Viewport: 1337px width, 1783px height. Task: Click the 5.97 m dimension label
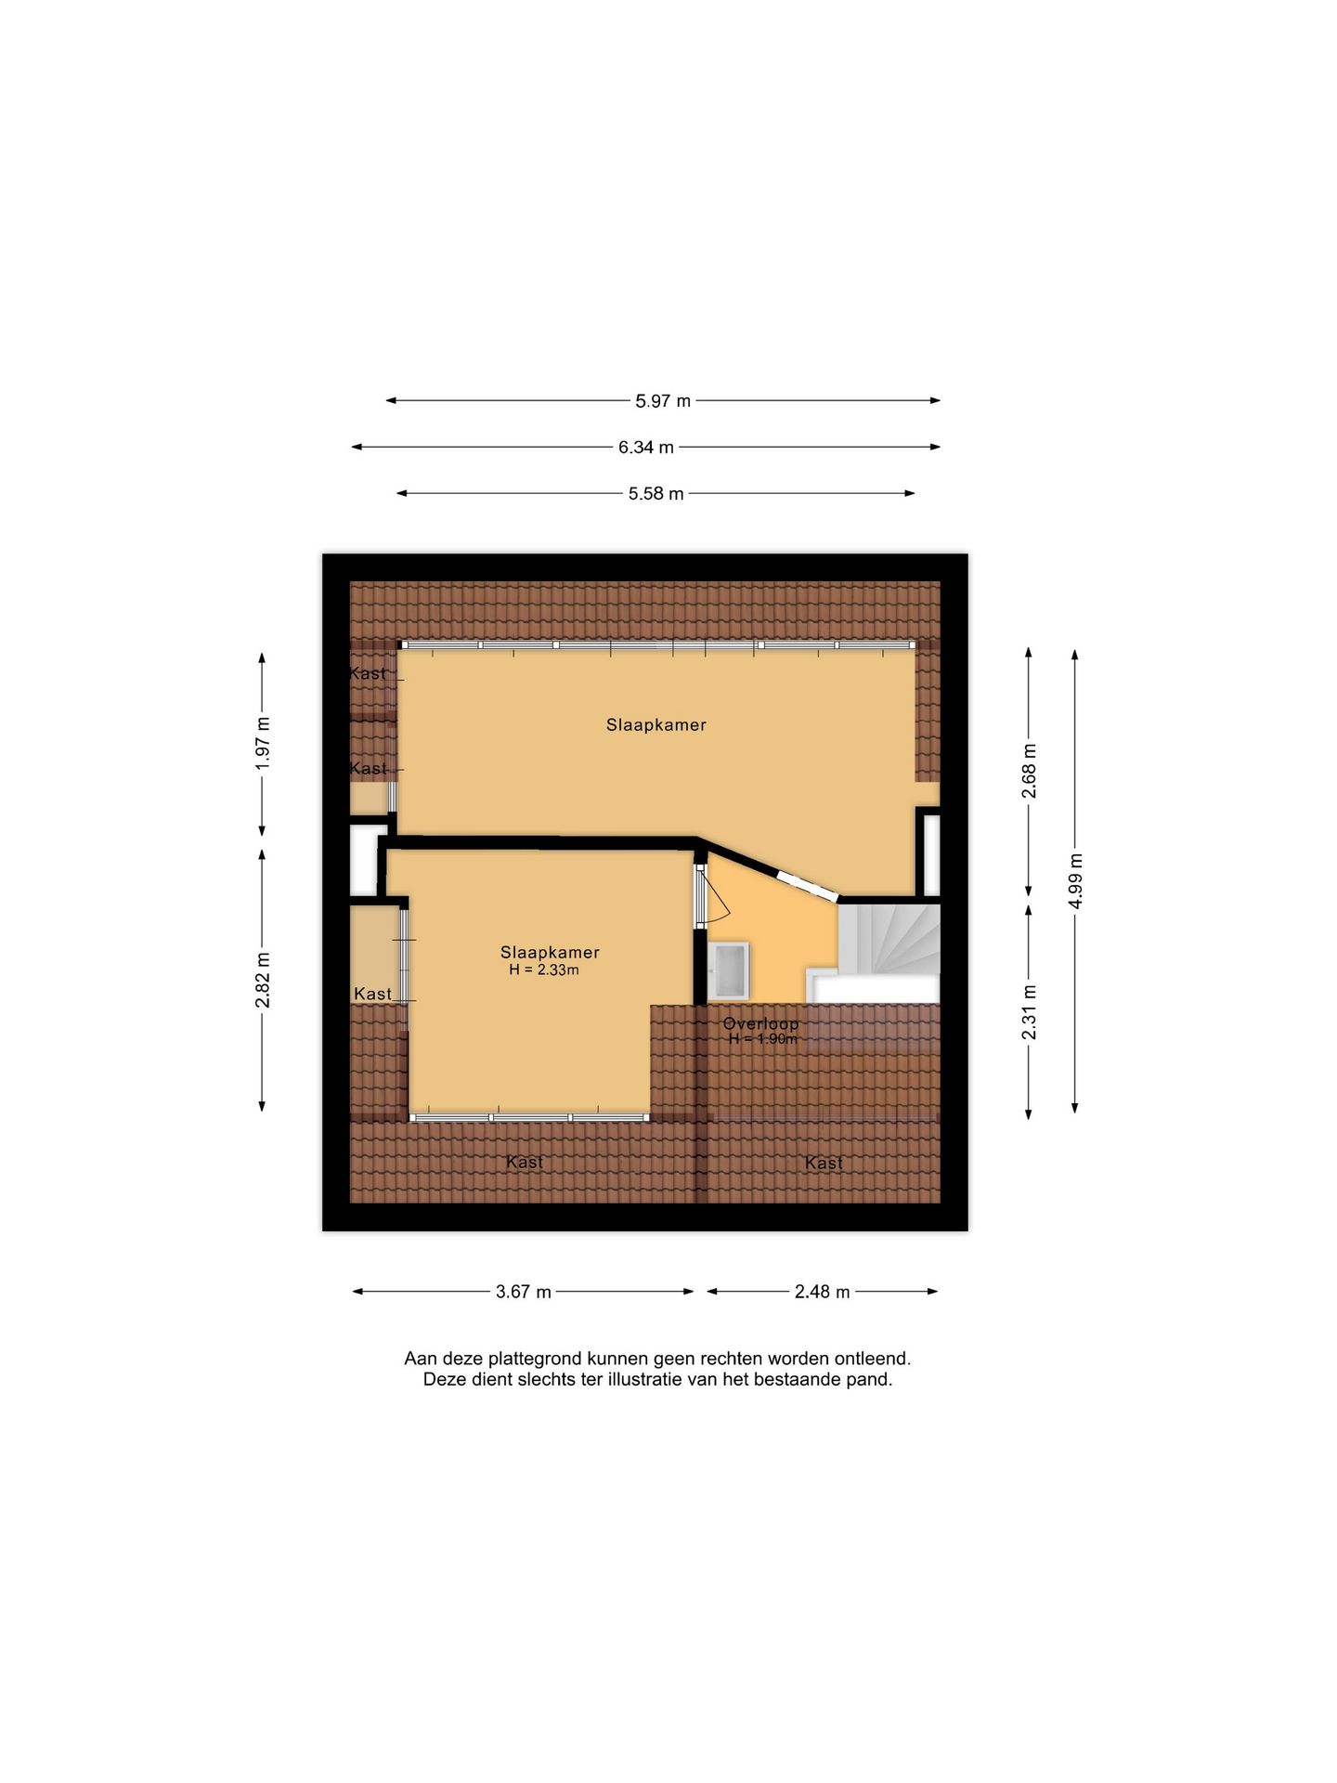pos(663,401)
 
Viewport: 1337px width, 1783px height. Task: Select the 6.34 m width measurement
pos(646,448)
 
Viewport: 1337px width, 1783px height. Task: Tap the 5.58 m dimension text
pos(656,494)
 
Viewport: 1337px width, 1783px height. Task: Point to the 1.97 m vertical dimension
pos(263,743)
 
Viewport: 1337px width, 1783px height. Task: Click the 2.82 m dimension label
pos(263,980)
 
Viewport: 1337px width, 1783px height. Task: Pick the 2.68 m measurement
pos(1029,771)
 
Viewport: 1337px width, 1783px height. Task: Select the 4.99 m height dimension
pos(1075,880)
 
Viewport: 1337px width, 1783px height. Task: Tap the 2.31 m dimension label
pos(1029,1012)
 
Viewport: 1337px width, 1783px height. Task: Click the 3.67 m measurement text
pos(524,1292)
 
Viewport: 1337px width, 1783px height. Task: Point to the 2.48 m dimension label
pos(822,1292)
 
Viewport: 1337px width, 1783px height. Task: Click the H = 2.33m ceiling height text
pos(544,970)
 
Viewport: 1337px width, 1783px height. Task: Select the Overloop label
pos(760,1023)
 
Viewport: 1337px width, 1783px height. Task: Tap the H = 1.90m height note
pos(762,1039)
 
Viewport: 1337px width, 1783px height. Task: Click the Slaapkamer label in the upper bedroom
pos(656,725)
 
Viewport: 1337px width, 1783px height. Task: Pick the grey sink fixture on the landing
pos(729,970)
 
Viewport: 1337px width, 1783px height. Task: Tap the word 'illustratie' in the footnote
pos(644,1380)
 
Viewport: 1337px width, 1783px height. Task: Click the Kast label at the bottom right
pos(824,1163)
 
